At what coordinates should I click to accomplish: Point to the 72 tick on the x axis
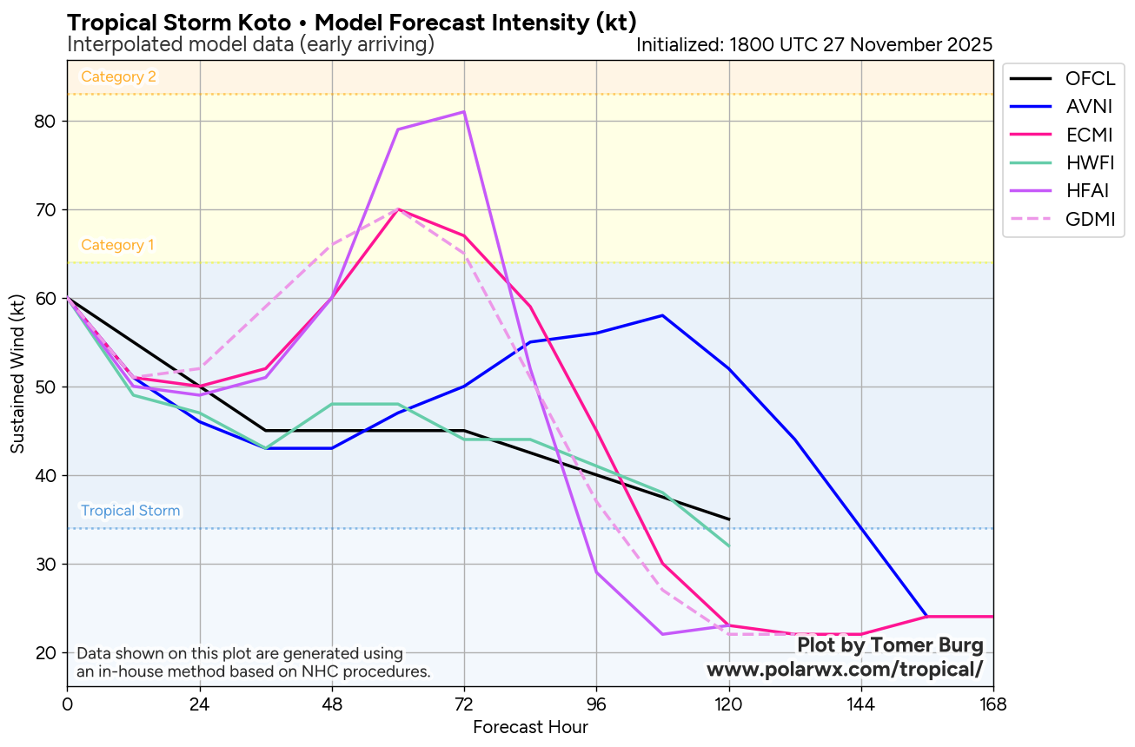point(464,703)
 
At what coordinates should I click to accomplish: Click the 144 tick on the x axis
point(860,703)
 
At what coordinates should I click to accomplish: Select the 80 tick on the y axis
point(44,122)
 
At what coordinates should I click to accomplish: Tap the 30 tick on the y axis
point(44,565)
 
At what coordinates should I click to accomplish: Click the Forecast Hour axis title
point(530,727)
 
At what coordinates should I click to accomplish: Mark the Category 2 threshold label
point(118,76)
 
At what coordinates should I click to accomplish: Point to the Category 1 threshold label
point(117,245)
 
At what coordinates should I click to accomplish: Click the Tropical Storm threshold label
point(130,511)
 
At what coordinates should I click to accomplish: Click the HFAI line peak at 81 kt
point(464,112)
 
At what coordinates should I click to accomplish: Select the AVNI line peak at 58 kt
point(662,315)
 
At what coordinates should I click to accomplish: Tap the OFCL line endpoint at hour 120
point(728,519)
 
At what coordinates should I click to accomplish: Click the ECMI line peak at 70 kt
point(398,209)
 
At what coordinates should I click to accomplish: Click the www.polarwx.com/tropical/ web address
point(845,669)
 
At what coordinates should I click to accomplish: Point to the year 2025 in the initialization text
point(969,45)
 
